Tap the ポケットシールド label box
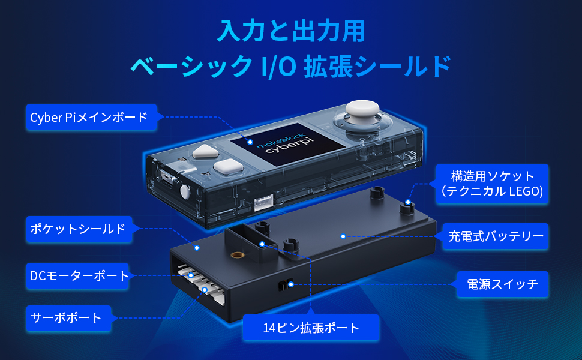coord(79,229)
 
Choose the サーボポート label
coord(67,317)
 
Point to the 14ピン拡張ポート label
coord(311,328)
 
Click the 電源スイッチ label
coord(502,284)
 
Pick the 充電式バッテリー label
coord(496,236)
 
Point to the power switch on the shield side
coord(286,284)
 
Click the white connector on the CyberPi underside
coord(263,203)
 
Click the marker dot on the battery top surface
coord(343,236)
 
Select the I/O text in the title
coord(277,67)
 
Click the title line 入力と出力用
coord(290,30)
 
